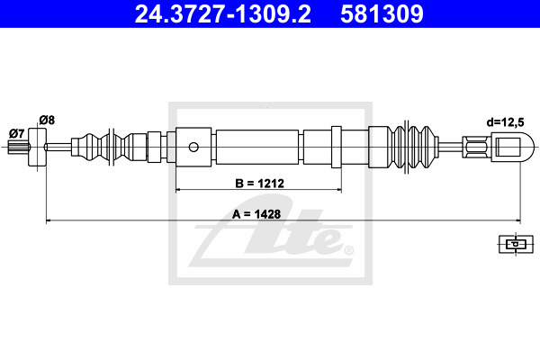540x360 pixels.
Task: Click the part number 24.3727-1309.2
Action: coord(222,14)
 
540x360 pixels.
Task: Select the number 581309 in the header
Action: coord(382,14)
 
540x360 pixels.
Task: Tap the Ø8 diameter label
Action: coord(47,121)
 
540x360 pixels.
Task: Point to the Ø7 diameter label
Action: coord(16,133)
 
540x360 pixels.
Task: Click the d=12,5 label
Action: coord(505,122)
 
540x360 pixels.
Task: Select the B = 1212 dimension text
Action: coord(260,184)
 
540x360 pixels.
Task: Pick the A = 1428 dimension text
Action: coord(256,214)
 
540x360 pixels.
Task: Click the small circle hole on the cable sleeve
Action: coord(193,147)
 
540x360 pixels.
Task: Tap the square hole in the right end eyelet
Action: coord(508,147)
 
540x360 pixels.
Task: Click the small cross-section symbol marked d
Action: coord(516,244)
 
